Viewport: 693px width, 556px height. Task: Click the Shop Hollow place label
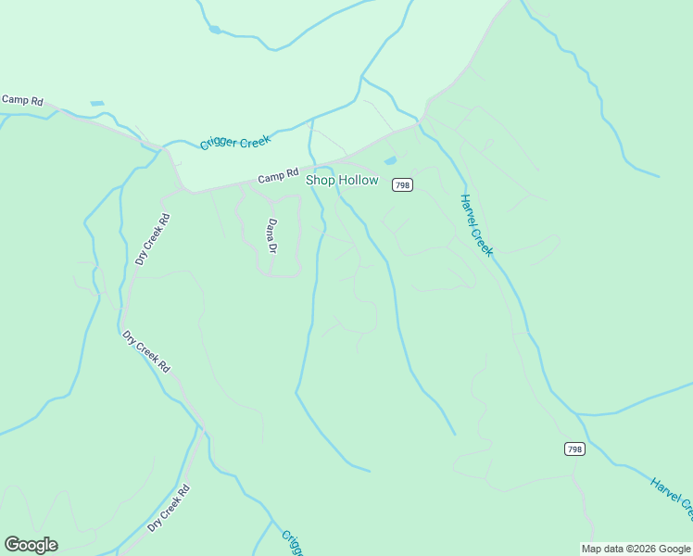pos(342,180)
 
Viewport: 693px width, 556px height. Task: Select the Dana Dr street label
pos(272,235)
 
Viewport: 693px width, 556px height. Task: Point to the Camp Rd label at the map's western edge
pos(22,99)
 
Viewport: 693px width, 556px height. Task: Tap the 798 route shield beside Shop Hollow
pos(402,185)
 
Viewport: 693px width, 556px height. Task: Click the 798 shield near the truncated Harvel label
pos(574,449)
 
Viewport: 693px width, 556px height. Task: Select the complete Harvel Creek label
pos(477,225)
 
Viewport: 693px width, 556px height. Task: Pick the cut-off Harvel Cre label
pos(671,499)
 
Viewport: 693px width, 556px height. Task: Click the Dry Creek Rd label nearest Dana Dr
pos(154,240)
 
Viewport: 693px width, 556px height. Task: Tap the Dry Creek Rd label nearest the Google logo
pos(168,509)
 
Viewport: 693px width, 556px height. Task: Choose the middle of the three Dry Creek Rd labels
pos(146,352)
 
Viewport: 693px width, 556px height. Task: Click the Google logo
pos(31,545)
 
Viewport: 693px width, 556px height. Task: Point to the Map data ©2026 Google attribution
pos(636,549)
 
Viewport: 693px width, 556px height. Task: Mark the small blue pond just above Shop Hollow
pos(390,160)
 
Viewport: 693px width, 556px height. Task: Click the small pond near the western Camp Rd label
pos(97,103)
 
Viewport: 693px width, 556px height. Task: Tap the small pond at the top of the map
pos(215,30)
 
